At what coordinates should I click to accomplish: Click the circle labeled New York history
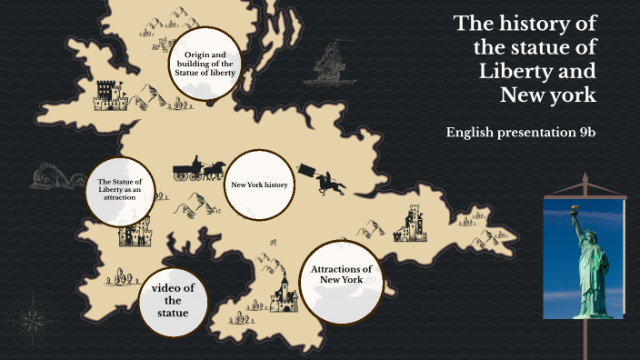(260, 185)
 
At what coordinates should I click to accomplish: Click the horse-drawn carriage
(198, 170)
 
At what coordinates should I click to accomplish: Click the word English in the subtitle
(470, 133)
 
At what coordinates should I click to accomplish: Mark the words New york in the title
(548, 95)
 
